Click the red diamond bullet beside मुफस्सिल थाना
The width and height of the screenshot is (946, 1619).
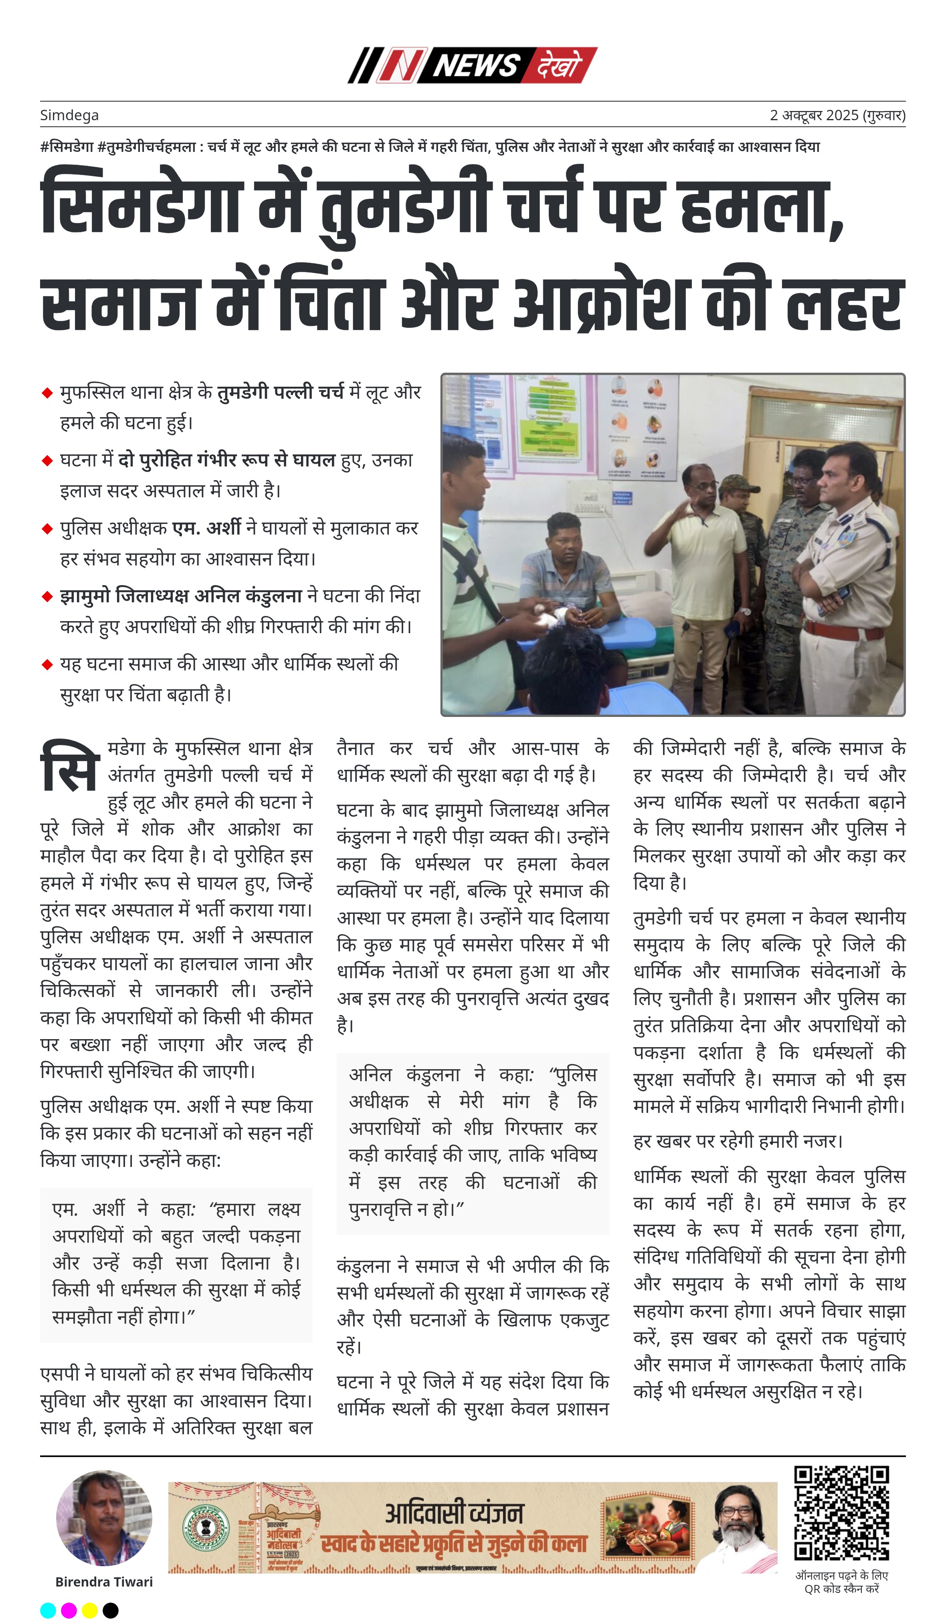(x=47, y=393)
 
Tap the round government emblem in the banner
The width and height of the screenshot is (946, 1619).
(x=206, y=1526)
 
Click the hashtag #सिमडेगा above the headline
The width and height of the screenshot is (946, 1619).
(x=67, y=147)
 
